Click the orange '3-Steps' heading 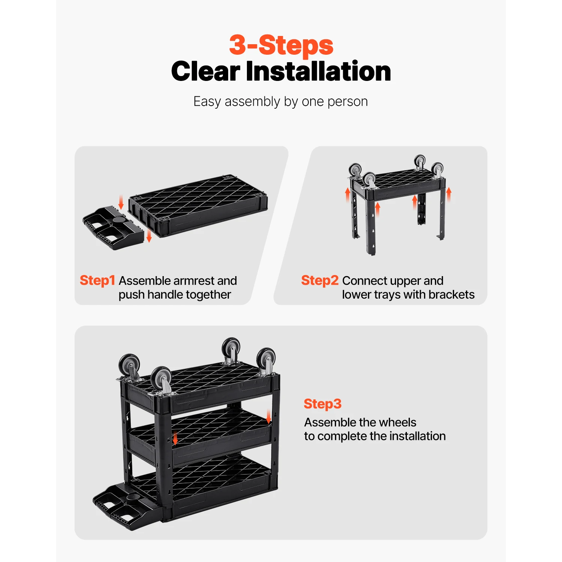(x=281, y=45)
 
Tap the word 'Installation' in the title (x=318, y=71)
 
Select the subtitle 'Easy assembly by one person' (x=280, y=102)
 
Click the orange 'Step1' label (x=97, y=280)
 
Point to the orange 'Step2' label (x=320, y=280)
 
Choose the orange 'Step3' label (x=322, y=404)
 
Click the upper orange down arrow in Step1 (x=121, y=202)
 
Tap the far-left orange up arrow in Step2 (x=348, y=195)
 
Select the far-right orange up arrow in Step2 (x=449, y=195)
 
